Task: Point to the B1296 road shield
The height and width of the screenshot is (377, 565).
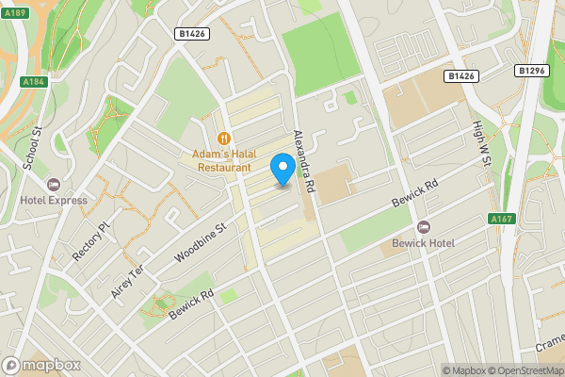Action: (532, 70)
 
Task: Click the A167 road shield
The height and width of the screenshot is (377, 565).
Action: (501, 219)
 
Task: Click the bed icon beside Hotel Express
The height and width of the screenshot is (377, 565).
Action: (52, 185)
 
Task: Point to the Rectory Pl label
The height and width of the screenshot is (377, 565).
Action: (91, 239)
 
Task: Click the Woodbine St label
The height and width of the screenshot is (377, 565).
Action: (202, 241)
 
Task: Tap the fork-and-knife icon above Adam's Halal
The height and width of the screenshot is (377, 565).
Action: (223, 139)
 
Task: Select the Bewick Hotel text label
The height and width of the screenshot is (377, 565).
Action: (424, 244)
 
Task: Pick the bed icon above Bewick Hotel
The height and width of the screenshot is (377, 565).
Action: (424, 228)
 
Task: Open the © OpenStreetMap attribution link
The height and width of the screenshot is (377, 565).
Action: (525, 370)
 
